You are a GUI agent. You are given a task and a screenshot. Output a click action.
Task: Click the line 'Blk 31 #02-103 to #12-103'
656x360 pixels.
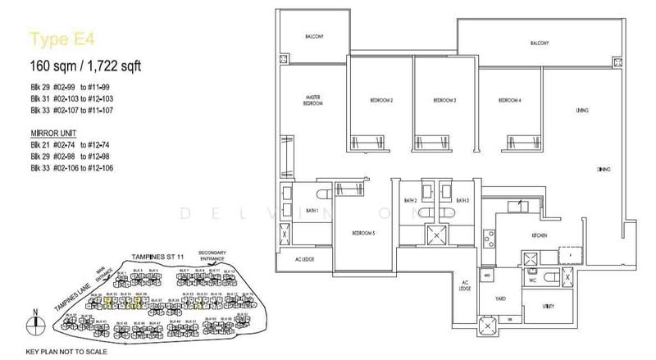[76, 97]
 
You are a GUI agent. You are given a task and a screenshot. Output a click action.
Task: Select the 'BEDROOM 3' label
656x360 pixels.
[444, 101]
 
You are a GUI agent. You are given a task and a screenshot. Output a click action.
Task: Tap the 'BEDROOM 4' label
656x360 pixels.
[509, 101]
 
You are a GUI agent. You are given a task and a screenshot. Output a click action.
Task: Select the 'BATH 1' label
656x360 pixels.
[312, 211]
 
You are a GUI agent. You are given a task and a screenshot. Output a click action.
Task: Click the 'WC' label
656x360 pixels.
[532, 278]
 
